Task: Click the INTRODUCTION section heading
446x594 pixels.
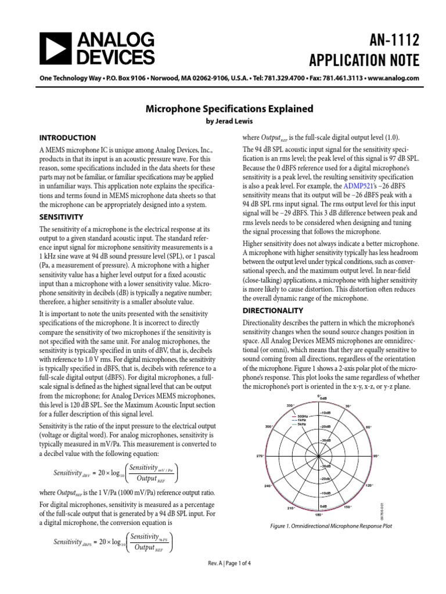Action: (67, 138)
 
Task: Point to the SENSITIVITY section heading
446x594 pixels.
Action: (62, 216)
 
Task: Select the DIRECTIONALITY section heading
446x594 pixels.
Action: (274, 310)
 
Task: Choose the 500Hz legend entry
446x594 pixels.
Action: (302, 416)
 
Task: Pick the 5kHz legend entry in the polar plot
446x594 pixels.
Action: (301, 424)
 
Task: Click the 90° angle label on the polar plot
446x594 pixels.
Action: (376, 456)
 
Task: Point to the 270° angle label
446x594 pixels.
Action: (261, 456)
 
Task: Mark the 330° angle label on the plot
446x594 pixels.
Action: (290, 405)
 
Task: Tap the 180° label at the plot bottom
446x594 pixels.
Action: (318, 515)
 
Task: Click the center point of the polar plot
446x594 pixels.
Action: (318, 456)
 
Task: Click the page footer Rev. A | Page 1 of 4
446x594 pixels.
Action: (223, 581)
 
